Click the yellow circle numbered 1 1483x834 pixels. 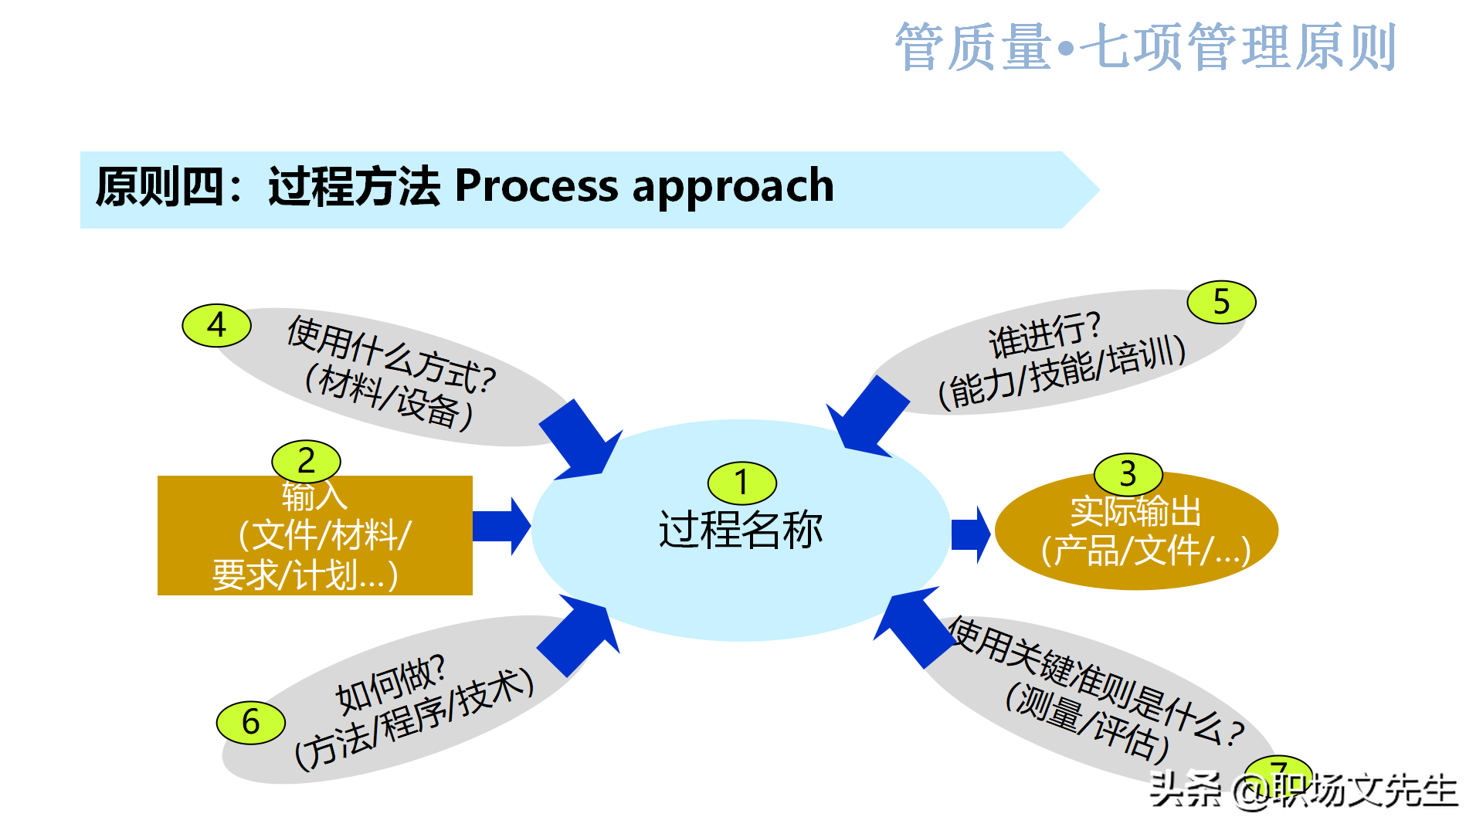pyautogui.click(x=741, y=483)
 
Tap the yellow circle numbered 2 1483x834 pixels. pyautogui.click(x=306, y=461)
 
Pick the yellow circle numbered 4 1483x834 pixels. pyautogui.click(x=216, y=325)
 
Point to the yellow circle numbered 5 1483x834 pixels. pyautogui.click(x=1221, y=302)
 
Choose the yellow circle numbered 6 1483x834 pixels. pyautogui.click(x=250, y=723)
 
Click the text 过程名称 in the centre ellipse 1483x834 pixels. pyautogui.click(x=740, y=531)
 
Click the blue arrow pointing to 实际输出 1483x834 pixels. pyautogui.click(x=970, y=534)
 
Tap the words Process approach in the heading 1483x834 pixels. pyautogui.click(x=644, y=186)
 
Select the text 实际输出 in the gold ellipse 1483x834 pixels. pyautogui.click(x=1135, y=511)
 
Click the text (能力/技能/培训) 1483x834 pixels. pyautogui.click(x=1061, y=371)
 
